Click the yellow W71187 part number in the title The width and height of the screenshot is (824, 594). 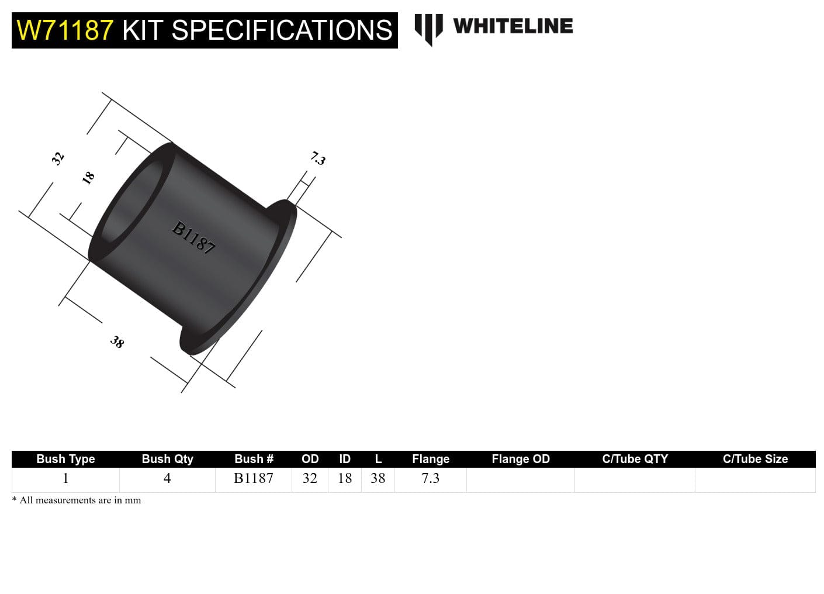tap(65, 30)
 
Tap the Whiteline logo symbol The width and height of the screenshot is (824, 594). tap(428, 29)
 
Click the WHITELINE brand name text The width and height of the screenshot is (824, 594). tap(513, 26)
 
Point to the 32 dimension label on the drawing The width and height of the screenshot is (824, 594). tap(57, 158)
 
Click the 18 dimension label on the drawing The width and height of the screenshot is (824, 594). tap(88, 178)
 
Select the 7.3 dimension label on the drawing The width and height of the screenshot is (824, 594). tap(318, 158)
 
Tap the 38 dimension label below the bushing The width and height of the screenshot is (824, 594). tap(117, 342)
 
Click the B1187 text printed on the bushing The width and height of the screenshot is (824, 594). tap(193, 237)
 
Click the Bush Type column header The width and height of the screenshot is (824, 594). tap(65, 459)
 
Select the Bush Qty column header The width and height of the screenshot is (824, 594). tap(167, 459)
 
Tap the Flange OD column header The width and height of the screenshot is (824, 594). tap(521, 459)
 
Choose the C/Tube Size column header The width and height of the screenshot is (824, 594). tap(755, 459)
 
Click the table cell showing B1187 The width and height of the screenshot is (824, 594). tap(254, 478)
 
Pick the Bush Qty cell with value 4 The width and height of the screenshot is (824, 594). tap(167, 478)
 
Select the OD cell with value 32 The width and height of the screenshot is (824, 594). tap(310, 478)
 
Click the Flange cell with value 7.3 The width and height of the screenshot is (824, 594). tap(430, 478)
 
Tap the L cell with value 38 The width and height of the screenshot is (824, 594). tap(378, 478)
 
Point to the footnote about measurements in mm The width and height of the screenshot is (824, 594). tap(77, 500)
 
